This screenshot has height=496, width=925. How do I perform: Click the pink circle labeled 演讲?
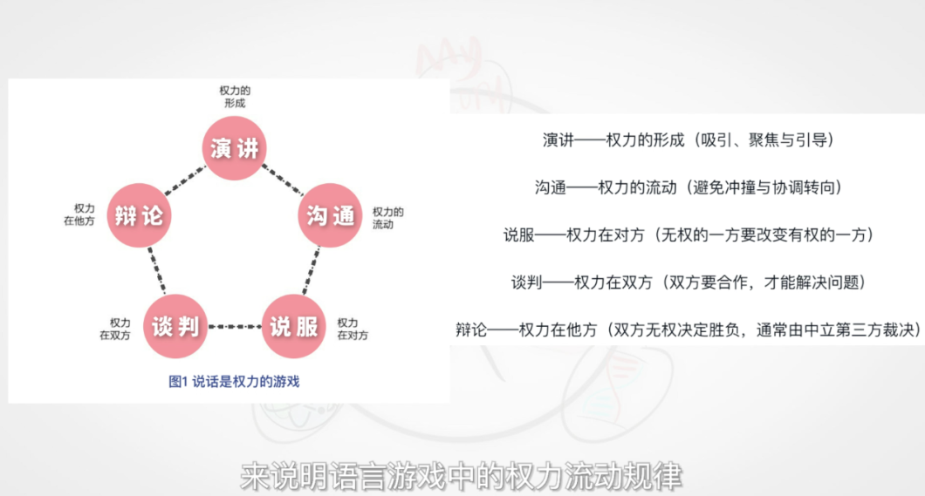(234, 148)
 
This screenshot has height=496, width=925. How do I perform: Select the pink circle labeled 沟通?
(330, 215)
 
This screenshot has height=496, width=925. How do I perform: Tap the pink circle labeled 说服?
(293, 326)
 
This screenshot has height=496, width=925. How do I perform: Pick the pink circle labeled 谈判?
(175, 326)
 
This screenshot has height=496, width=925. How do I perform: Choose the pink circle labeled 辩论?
(139, 215)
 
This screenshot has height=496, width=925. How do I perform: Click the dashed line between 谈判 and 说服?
(235, 326)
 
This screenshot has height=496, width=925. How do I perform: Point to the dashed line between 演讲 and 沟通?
(283, 180)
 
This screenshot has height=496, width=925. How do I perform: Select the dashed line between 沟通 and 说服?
(312, 270)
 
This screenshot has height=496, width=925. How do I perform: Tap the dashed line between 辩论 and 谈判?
(157, 270)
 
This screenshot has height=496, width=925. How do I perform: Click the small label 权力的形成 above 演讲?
(235, 97)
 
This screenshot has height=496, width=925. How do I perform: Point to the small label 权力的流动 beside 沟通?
(387, 218)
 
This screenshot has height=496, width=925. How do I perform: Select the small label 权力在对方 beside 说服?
(353, 330)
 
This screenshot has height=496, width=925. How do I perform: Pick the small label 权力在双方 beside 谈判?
(114, 330)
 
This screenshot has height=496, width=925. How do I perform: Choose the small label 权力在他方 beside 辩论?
(79, 215)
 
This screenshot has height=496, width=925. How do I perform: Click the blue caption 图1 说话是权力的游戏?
(234, 382)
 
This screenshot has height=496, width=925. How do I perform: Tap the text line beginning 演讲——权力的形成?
(688, 140)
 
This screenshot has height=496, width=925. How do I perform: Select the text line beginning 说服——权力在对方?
(688, 235)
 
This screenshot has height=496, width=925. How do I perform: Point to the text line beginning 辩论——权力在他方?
(688, 330)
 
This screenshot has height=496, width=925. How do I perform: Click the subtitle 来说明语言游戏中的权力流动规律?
(462, 477)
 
